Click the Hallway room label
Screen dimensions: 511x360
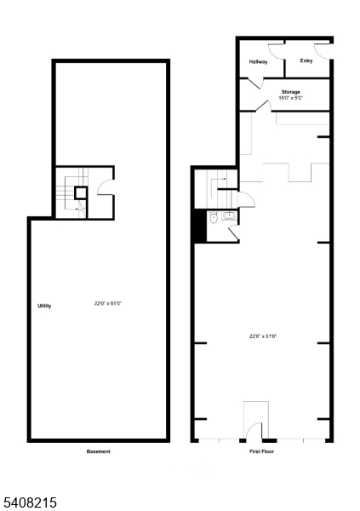click(x=259, y=62)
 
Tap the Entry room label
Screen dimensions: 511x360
click(x=306, y=61)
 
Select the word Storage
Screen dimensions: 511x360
click(x=291, y=92)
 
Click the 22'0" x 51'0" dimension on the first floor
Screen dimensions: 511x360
click(x=263, y=336)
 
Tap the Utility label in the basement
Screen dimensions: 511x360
click(x=44, y=306)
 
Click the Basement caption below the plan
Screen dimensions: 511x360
click(x=99, y=451)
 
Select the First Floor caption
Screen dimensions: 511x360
click(x=262, y=451)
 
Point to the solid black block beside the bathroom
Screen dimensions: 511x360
click(x=199, y=226)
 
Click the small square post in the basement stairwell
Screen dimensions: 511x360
click(x=80, y=192)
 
